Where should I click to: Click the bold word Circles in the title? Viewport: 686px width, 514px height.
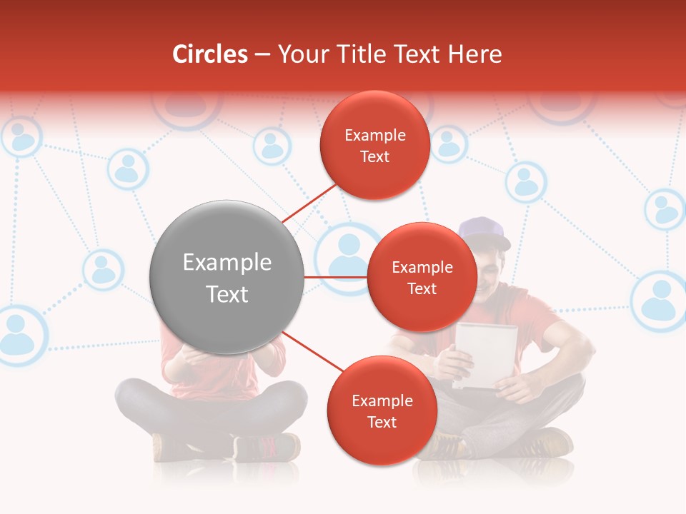pyautogui.click(x=210, y=54)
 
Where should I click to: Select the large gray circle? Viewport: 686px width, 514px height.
pyautogui.click(x=227, y=277)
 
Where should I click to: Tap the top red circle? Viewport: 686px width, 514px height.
pyautogui.click(x=374, y=145)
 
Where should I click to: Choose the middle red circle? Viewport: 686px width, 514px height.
pyautogui.click(x=422, y=277)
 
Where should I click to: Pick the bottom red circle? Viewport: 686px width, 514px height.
pyautogui.click(x=382, y=410)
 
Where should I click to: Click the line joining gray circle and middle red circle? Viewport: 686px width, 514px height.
pyautogui.click(x=336, y=277)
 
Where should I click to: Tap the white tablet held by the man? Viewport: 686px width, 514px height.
pyautogui.click(x=486, y=353)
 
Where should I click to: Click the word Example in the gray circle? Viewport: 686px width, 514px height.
pyautogui.click(x=227, y=262)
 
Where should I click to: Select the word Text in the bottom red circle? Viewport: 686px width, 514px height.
pyautogui.click(x=382, y=422)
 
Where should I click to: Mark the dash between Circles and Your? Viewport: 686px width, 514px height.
pyautogui.click(x=262, y=55)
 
